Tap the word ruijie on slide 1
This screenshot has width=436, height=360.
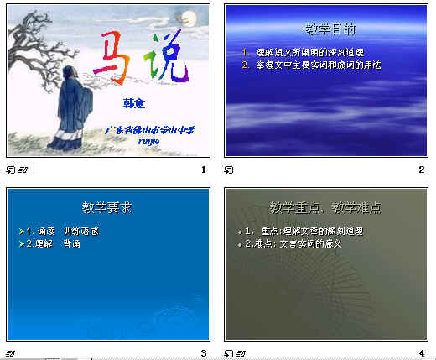[148, 142]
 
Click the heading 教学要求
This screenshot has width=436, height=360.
[106, 206]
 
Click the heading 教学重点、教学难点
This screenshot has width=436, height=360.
[324, 206]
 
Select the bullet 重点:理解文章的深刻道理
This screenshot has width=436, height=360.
[299, 231]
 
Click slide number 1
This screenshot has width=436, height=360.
[204, 170]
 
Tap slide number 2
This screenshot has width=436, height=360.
[422, 170]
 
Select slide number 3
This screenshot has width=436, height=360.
[204, 353]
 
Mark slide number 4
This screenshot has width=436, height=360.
[422, 353]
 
